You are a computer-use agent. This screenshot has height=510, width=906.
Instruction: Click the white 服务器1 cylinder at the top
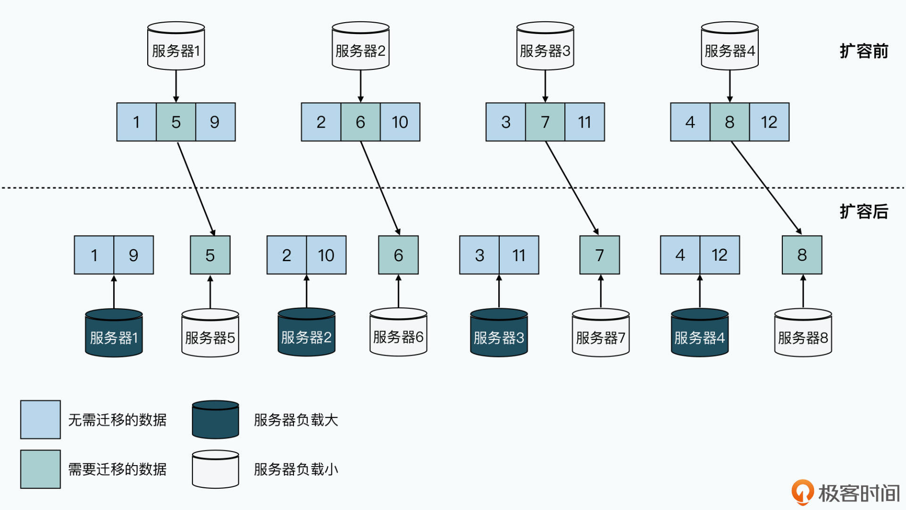click(x=176, y=46)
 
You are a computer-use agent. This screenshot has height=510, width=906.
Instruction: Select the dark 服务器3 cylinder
click(x=499, y=333)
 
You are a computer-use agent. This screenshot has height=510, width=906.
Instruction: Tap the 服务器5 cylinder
click(x=210, y=333)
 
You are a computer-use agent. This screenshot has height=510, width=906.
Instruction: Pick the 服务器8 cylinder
click(x=803, y=333)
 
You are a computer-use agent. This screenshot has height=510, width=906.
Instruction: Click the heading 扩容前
click(x=864, y=51)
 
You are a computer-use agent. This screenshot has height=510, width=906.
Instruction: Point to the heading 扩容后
click(x=864, y=212)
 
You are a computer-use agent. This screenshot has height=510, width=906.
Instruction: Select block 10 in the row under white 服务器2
click(x=400, y=122)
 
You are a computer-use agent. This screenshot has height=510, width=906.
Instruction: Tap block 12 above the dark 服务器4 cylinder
click(x=719, y=255)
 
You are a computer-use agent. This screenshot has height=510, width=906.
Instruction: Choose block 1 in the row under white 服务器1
click(x=136, y=122)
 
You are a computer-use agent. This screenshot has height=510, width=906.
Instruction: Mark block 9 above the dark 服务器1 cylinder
click(x=134, y=255)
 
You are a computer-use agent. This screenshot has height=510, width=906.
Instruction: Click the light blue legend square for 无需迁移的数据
click(x=41, y=420)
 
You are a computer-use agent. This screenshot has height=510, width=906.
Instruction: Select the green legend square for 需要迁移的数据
click(x=41, y=469)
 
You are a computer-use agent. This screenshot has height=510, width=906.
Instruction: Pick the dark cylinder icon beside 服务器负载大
click(x=215, y=420)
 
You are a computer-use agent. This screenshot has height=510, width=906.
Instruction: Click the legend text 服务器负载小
click(x=296, y=469)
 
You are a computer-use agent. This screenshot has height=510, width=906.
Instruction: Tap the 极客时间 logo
click(x=846, y=493)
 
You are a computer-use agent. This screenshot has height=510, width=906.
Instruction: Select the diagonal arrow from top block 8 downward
click(x=766, y=188)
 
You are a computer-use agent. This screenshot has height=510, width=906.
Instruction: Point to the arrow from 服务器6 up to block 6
click(x=398, y=292)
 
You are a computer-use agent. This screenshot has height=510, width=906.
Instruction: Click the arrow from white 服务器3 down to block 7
click(x=545, y=86)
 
